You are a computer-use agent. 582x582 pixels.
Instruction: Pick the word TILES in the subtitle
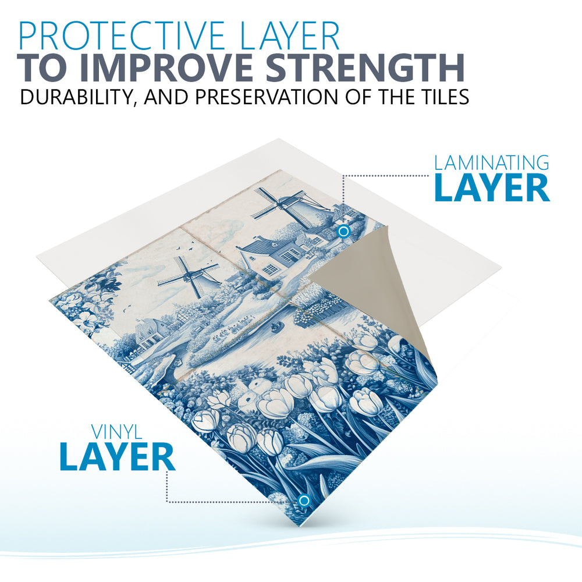click(442, 97)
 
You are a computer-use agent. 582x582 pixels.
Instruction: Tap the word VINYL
click(116, 432)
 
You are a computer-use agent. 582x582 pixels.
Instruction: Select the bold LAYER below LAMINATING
click(492, 188)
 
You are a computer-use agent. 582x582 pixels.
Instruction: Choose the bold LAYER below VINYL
click(117, 457)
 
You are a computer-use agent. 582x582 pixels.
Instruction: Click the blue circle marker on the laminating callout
click(344, 232)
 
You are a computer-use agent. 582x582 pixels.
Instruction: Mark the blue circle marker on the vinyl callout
click(304, 501)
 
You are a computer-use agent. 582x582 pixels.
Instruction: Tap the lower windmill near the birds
click(190, 276)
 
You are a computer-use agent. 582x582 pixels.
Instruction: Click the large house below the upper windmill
click(269, 255)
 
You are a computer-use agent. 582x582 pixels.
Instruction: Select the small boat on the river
click(276, 327)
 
